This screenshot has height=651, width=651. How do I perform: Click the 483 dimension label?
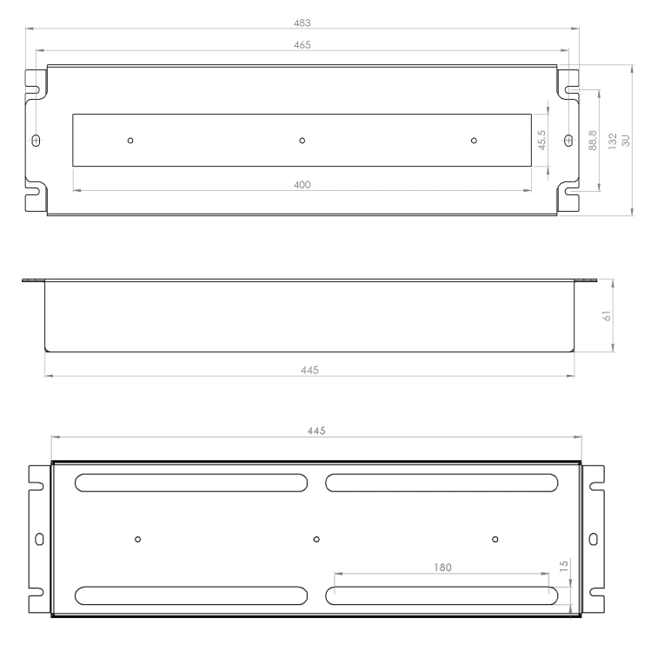pyautogui.click(x=302, y=23)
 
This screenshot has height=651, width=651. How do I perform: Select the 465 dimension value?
pyautogui.click(x=302, y=45)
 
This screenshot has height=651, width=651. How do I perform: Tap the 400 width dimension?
pyautogui.click(x=302, y=185)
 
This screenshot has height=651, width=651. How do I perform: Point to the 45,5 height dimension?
pyautogui.click(x=541, y=140)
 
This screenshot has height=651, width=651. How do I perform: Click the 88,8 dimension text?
pyautogui.click(x=593, y=141)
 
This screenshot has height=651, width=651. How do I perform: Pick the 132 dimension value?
pyautogui.click(x=613, y=141)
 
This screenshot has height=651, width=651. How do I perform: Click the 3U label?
pyautogui.click(x=626, y=141)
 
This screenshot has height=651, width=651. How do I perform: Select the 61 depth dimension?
pyautogui.click(x=607, y=316)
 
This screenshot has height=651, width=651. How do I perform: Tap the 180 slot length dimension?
pyautogui.click(x=442, y=568)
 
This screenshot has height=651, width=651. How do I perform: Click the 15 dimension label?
pyautogui.click(x=564, y=566)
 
